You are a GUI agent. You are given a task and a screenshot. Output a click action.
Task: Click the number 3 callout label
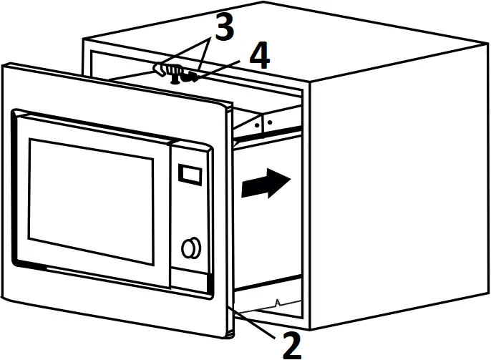[x=223, y=29]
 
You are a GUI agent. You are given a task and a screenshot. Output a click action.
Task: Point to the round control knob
[x=190, y=248]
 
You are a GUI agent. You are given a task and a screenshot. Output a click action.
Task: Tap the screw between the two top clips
[x=174, y=80]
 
